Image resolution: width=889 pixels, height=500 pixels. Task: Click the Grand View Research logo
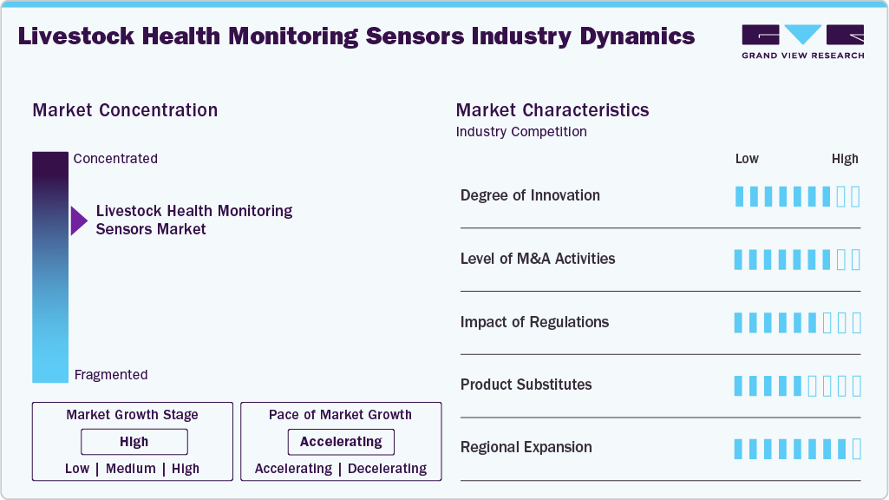(x=802, y=41)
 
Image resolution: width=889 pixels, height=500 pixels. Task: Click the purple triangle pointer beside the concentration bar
(x=79, y=220)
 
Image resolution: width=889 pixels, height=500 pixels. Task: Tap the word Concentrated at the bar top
(x=115, y=159)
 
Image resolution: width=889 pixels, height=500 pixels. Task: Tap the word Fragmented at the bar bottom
(x=111, y=375)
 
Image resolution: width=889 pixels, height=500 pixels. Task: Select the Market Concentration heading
(x=125, y=110)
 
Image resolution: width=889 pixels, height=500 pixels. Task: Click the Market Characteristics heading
(x=552, y=110)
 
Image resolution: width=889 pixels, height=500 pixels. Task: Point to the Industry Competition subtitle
(x=520, y=132)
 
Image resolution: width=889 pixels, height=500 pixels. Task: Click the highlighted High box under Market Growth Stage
(x=134, y=442)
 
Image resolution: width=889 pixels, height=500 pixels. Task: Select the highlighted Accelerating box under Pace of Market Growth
(x=341, y=442)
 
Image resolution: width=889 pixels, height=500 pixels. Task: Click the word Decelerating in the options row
(x=387, y=469)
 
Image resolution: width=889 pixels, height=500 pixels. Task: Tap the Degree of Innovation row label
(x=530, y=195)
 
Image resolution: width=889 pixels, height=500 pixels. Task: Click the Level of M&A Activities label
(x=538, y=259)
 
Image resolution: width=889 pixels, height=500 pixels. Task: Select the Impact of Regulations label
(x=534, y=322)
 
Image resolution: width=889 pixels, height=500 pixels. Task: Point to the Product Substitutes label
(x=526, y=385)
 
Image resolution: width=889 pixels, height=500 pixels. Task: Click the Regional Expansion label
(x=526, y=448)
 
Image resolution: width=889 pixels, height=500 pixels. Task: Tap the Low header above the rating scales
(x=747, y=159)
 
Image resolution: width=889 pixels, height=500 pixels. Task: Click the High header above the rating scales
(x=845, y=159)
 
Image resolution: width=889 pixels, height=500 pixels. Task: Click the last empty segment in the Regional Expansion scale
(x=856, y=449)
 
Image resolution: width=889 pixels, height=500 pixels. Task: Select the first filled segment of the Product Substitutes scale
(x=739, y=386)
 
